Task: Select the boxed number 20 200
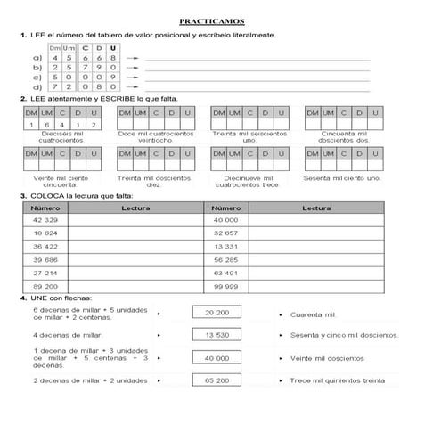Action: coord(216,314)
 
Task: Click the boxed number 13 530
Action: coord(216,335)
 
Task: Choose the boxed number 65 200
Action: coord(216,380)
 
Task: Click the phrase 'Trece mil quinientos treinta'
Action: coord(338,380)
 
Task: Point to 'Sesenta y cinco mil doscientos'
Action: coord(344,336)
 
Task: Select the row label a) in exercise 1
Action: coord(36,57)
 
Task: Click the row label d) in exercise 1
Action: coord(36,88)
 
